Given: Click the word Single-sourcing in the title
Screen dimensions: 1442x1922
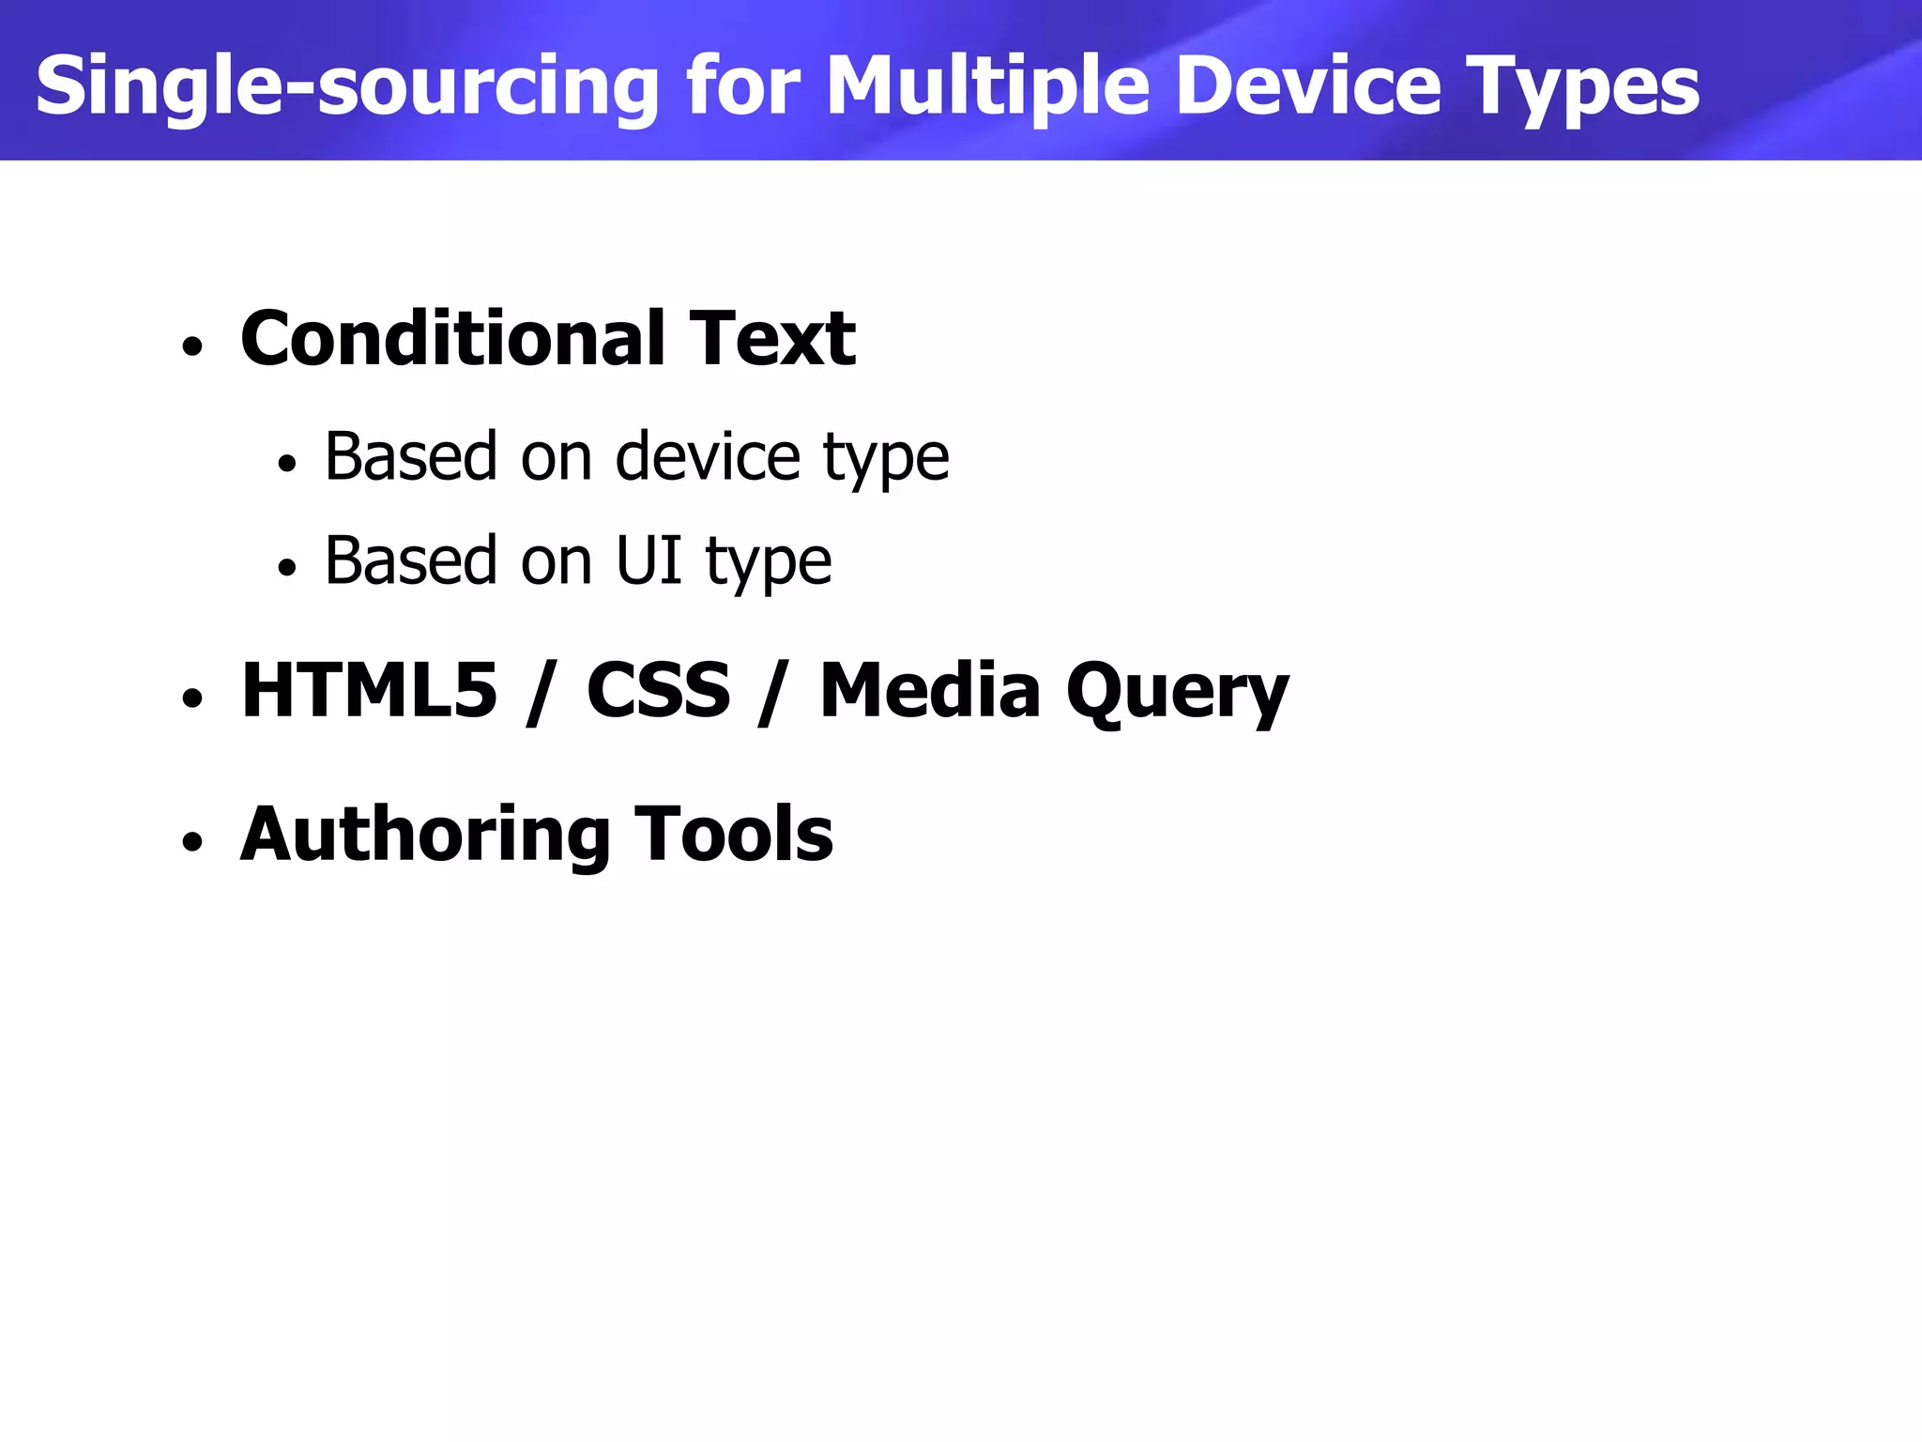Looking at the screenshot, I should pos(347,86).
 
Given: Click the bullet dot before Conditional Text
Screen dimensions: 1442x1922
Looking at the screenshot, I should pos(192,347).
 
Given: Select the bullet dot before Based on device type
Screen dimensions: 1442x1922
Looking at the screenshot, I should pos(287,463).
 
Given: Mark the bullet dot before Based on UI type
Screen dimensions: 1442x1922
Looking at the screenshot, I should pos(287,567).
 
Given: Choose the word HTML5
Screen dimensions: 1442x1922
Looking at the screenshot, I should pos(369,690).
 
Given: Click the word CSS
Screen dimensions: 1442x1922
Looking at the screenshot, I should pos(658,690).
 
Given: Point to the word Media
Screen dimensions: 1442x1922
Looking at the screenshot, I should pos(930,690).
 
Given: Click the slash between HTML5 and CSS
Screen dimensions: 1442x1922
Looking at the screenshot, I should pos(538,692).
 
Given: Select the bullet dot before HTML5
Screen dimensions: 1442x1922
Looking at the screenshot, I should pos(192,699).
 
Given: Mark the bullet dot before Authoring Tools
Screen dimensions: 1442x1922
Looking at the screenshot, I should pos(192,842).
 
